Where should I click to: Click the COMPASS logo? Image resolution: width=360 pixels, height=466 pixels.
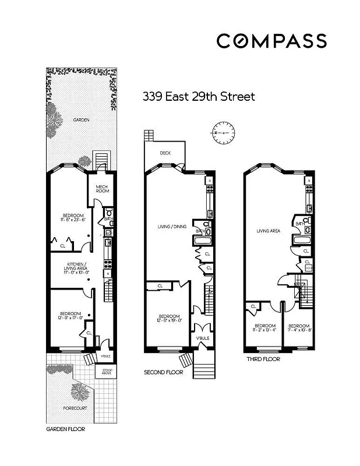[x=271, y=41]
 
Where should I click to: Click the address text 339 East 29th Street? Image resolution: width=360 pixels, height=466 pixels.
[x=199, y=97]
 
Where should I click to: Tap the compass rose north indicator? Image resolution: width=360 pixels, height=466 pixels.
[x=224, y=133]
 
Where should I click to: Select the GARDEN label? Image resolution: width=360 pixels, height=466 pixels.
[x=81, y=120]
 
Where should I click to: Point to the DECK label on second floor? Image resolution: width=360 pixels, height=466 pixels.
[x=165, y=153]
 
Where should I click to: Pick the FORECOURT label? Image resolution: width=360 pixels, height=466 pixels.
[x=76, y=408]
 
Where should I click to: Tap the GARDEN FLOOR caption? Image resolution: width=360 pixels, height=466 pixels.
[x=65, y=429]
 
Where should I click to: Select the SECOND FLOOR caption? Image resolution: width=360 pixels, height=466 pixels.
[x=164, y=372]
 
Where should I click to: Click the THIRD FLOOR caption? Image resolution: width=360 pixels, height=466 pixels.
[x=263, y=359]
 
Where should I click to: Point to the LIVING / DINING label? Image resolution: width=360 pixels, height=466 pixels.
[x=172, y=227]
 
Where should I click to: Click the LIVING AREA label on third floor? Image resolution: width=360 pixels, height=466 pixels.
[x=269, y=231]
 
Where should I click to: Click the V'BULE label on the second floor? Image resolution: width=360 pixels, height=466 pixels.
[x=202, y=338]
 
